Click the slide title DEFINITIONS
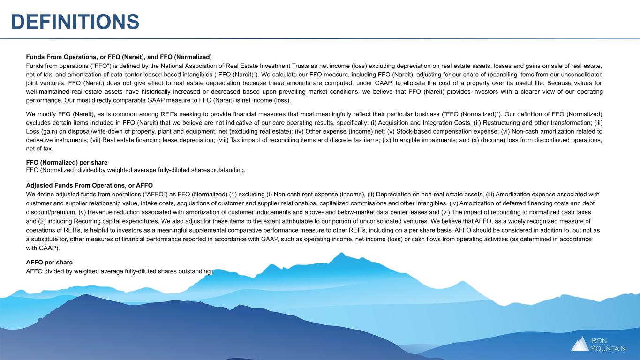(75, 21)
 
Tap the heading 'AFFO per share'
(49, 262)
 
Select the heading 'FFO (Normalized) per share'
(67, 162)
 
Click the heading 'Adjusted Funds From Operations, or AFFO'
(90, 185)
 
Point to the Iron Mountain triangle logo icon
(580, 344)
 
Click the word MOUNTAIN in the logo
(608, 348)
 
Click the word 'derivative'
(41, 140)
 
